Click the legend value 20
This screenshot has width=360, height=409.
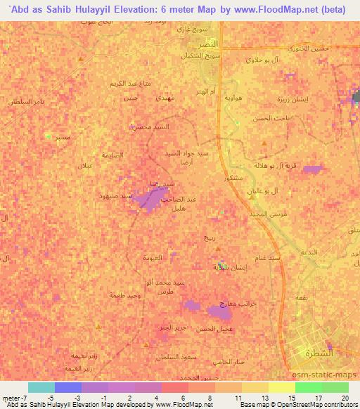pos(344,398)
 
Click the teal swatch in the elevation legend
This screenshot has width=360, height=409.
pos(41,387)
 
